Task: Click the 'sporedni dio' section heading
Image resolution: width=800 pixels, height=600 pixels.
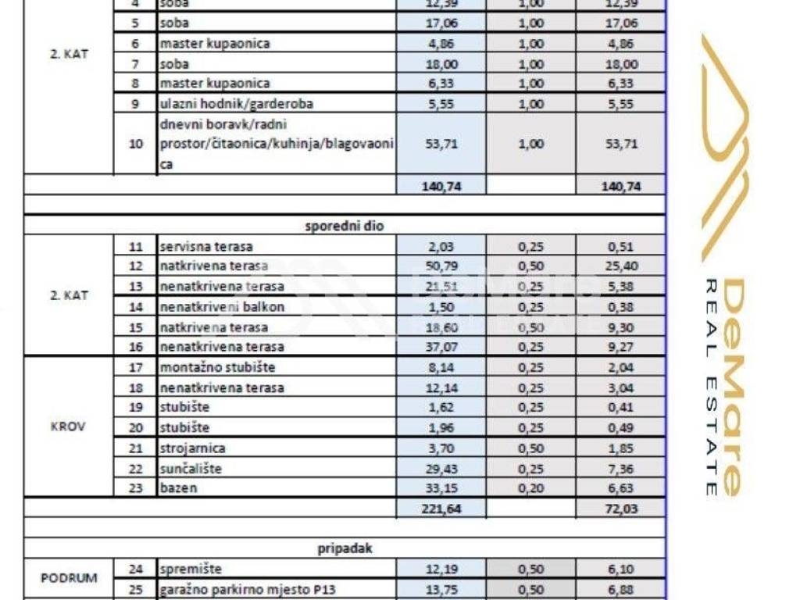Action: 344,226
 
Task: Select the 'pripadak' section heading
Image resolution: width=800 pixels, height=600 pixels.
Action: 344,548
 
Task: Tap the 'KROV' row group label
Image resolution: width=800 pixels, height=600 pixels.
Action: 69,427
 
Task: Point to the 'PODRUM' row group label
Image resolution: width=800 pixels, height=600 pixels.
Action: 69,579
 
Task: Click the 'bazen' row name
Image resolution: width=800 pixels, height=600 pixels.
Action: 178,488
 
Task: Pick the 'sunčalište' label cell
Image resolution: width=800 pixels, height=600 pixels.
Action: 191,469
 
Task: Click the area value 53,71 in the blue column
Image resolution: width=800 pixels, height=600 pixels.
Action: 441,144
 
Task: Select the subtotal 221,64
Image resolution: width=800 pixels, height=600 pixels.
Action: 441,509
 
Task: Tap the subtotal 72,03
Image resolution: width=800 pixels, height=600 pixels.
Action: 621,509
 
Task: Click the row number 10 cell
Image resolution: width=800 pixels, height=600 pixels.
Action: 135,144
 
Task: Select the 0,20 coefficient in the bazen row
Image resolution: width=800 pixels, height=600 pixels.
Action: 530,488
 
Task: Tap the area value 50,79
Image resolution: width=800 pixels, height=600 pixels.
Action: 441,266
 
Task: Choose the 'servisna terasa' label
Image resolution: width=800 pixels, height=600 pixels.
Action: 206,246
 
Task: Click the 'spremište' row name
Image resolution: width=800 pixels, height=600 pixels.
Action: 191,570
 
